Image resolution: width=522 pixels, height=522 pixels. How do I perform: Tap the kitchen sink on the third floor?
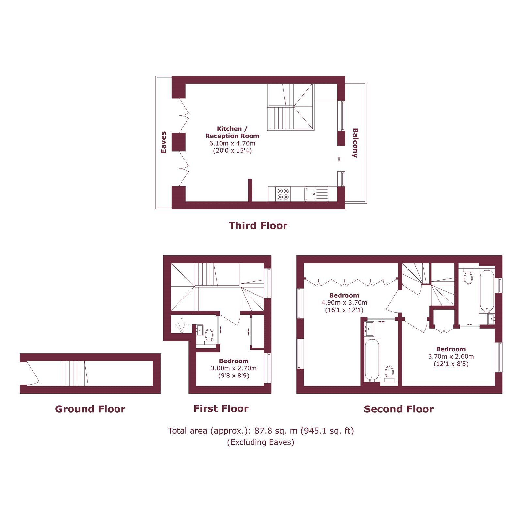pos(317,194)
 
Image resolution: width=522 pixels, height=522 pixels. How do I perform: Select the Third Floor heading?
pos(258,226)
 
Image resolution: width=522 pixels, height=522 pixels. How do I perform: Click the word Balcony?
pos(355,143)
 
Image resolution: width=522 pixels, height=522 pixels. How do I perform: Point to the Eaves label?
pos(163,142)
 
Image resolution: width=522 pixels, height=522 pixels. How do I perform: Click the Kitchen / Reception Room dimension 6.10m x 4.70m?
pos(232,143)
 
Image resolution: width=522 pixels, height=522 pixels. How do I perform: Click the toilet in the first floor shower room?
pos(209,336)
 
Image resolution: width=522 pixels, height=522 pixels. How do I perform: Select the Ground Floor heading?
pos(90,409)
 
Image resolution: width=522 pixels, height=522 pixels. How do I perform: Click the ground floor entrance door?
pos(33,374)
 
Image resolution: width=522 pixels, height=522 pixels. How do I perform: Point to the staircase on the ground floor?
pos(75,374)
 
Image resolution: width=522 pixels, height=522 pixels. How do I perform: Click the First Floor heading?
pos(221,408)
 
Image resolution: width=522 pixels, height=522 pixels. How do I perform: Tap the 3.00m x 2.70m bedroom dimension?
pos(234,368)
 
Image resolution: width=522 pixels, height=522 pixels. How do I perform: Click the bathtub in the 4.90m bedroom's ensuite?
pos(372,360)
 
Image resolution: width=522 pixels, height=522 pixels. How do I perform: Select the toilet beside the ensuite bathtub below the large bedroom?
pos(389,374)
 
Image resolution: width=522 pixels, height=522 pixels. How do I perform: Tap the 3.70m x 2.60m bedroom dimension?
pos(451,357)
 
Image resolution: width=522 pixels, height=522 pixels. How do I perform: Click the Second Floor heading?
pos(399,409)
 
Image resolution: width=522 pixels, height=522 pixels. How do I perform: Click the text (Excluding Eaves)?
pos(261,442)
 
